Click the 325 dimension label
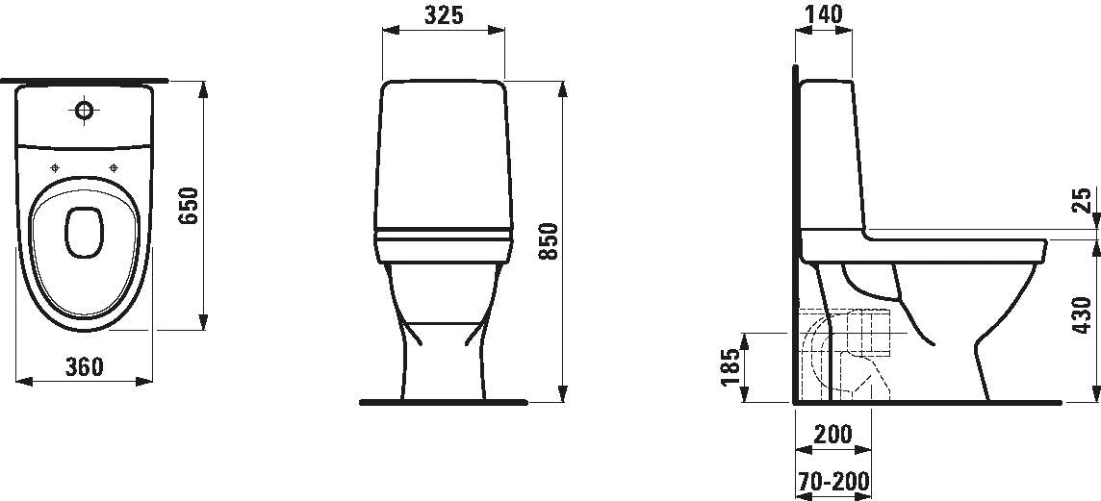(x=443, y=15)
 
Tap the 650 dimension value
(x=189, y=206)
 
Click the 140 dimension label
(x=824, y=14)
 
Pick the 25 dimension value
(x=1082, y=200)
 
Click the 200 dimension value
(x=832, y=434)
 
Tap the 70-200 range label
(x=833, y=480)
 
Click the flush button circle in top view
(x=85, y=113)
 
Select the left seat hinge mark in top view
(x=55, y=168)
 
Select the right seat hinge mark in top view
(x=115, y=168)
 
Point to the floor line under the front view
(x=443, y=402)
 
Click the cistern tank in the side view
(x=830, y=154)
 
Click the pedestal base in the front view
(x=442, y=365)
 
